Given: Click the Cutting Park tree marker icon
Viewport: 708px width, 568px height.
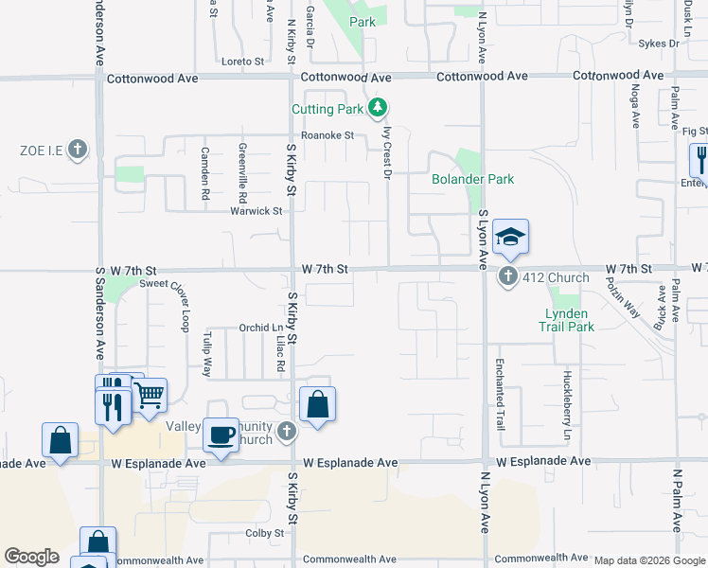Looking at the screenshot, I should coord(378,108).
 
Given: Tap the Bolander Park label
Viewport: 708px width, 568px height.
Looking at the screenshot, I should coord(472,179).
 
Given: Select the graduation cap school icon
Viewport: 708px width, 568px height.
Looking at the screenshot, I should coord(510,237).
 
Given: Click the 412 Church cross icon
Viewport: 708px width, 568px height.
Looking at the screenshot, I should coord(508,277).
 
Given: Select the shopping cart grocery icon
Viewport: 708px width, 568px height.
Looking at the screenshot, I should coord(150,396).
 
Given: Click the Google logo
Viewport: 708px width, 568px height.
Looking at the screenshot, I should coord(31,557).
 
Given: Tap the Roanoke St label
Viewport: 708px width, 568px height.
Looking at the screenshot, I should coord(327,135).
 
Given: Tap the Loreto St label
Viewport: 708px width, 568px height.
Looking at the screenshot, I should coord(242,62).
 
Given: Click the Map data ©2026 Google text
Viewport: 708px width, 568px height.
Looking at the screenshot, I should coord(648,560).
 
